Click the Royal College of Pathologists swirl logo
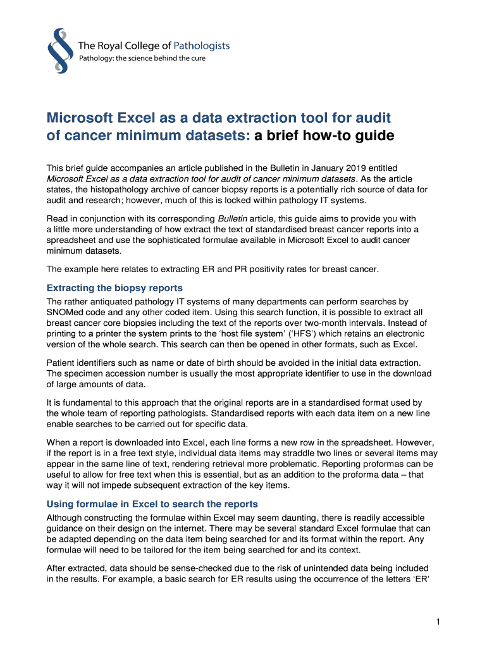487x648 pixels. pos(58,51)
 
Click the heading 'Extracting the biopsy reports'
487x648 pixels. pos(114,288)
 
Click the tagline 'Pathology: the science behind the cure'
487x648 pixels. pos(142,59)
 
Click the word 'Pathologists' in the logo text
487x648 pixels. pos(199,46)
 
